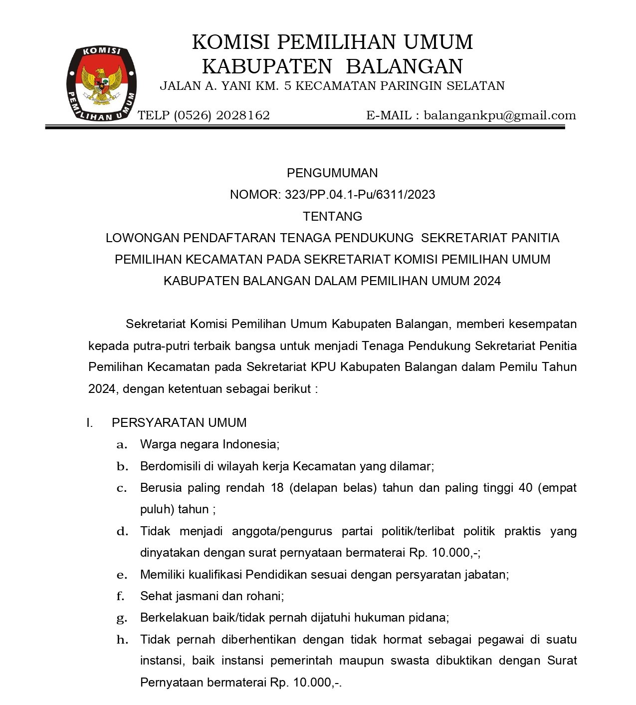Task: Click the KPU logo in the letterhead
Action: pos(102,83)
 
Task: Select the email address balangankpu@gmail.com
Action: pos(500,116)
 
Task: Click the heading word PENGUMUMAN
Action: pos(332,173)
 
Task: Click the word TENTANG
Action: pos(332,216)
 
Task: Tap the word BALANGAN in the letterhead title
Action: pos(405,66)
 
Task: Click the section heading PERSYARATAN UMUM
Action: pos(179,423)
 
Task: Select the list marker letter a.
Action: pos(121,445)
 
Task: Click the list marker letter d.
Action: pos(122,531)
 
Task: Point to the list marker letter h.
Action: pos(122,640)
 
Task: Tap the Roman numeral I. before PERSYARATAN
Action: pos(89,423)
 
